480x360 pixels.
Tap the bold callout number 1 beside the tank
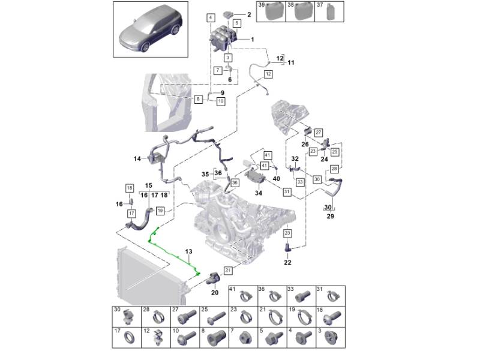252,40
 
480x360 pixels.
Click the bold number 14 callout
137,159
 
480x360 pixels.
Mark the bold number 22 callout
287,262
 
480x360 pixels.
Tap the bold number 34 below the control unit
259,193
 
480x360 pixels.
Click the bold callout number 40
276,178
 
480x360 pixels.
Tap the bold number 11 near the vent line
291,62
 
